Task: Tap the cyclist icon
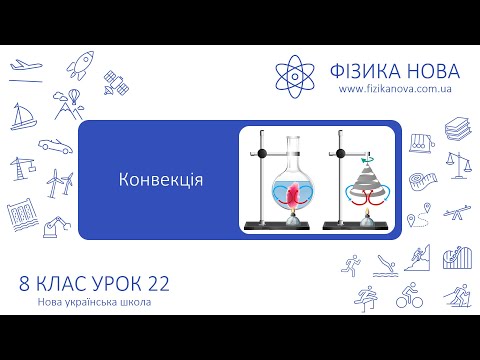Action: point(406,297)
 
